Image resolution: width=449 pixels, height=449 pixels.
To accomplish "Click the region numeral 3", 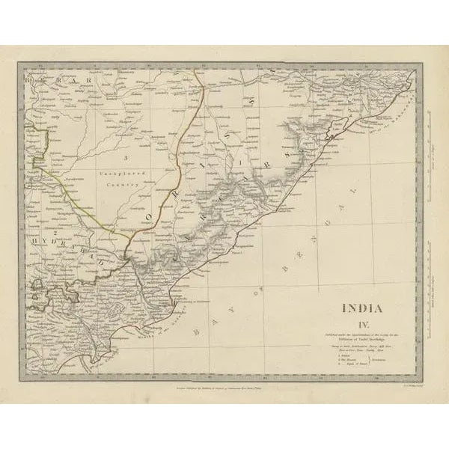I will [127, 156].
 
